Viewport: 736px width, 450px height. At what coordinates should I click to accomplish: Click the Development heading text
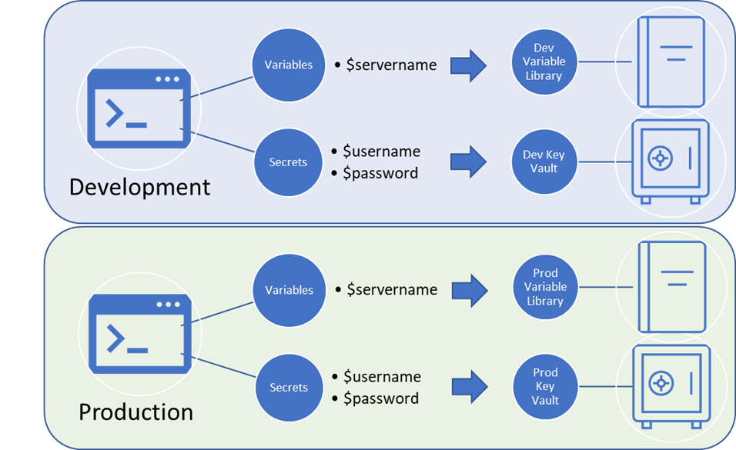[x=139, y=187]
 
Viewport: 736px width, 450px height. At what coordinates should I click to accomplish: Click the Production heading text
[x=135, y=412]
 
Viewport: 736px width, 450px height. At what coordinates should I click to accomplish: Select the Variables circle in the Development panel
[x=289, y=65]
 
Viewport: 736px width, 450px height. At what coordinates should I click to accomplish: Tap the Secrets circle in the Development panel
[x=288, y=162]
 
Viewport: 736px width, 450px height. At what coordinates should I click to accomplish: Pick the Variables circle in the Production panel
[x=289, y=290]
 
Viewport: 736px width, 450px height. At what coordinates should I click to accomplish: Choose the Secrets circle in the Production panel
[x=289, y=388]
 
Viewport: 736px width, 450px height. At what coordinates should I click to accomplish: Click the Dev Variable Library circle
[x=544, y=62]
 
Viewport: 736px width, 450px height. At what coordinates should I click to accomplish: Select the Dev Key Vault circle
[x=544, y=162]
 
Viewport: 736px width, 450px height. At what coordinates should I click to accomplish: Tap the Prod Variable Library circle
[x=545, y=287]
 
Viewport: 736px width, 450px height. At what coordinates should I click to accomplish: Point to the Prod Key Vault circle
[x=545, y=386]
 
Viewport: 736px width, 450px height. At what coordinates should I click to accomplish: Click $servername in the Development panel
[x=391, y=65]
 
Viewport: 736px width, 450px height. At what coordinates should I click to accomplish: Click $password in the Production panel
[x=381, y=398]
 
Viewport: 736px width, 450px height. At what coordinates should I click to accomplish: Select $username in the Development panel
[x=382, y=152]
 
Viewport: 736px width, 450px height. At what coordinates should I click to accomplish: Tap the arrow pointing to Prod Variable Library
[x=469, y=291]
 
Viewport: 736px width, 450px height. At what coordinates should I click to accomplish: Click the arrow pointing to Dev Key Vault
[x=469, y=162]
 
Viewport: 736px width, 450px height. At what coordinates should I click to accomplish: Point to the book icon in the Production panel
[x=671, y=287]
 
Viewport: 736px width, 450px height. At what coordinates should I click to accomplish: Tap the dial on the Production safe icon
[x=660, y=382]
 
